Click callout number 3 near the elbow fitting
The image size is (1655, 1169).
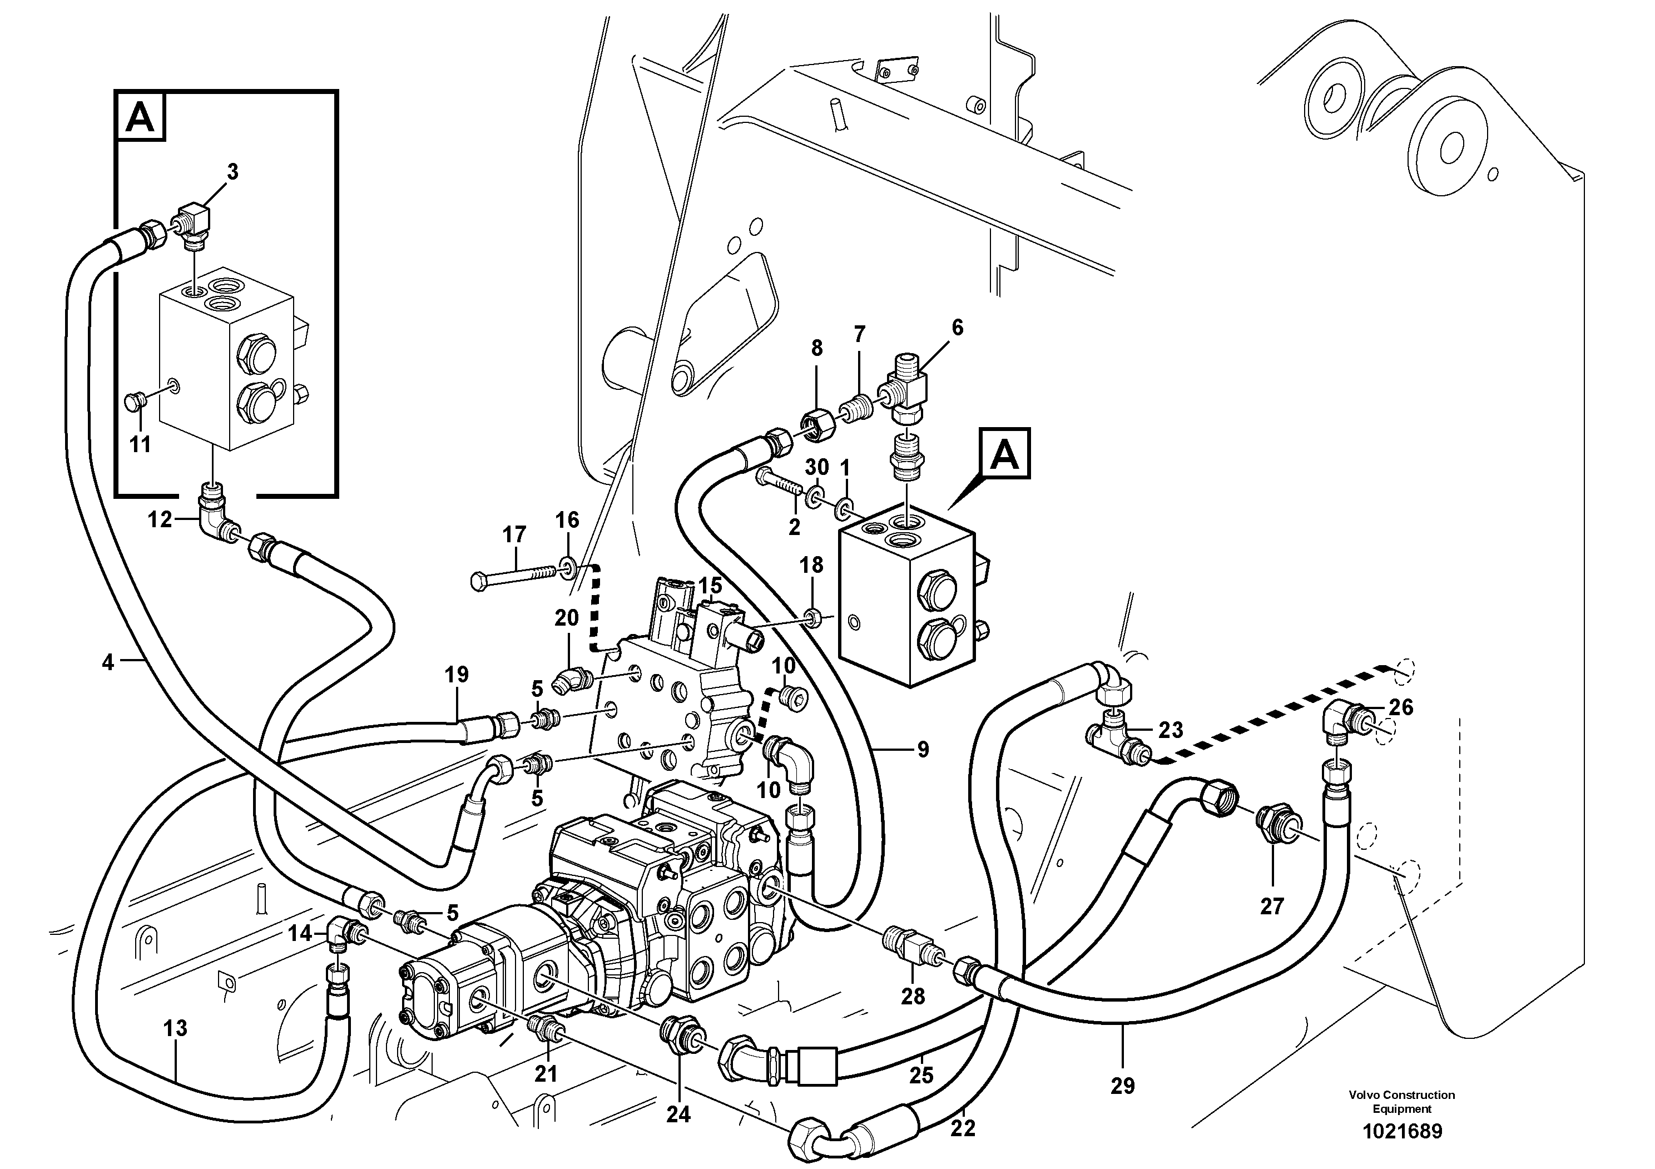click(232, 172)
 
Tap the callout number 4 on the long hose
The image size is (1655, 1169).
click(108, 662)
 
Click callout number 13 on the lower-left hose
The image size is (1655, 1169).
click(175, 1028)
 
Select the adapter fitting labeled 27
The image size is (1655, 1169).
click(1274, 821)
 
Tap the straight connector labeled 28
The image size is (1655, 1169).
click(910, 945)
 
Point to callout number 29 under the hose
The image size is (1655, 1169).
click(1122, 1086)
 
